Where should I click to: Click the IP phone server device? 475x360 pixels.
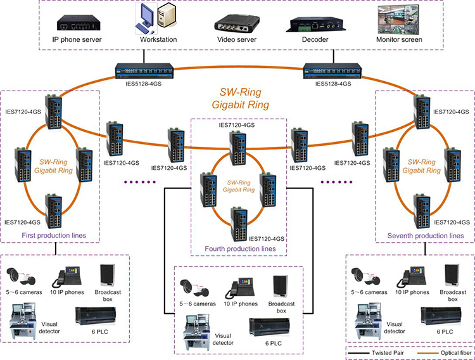coord(79,23)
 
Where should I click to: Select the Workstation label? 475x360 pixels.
coord(158,39)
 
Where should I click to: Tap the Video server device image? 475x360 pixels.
coord(236,23)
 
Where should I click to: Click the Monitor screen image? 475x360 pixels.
coord(398,19)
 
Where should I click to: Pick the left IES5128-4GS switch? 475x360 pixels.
coord(144,71)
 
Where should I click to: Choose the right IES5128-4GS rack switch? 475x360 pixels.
coord(332,71)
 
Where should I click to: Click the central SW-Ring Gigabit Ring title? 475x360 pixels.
coord(240,98)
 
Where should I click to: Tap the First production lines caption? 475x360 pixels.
coord(54,235)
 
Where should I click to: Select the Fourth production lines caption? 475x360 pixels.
coord(240,248)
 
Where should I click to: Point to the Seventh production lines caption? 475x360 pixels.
coord(426,236)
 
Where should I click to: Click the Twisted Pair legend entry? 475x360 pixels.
coord(376,353)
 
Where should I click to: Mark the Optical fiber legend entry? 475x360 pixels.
coord(445,353)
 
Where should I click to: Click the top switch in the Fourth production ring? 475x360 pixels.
coord(237,148)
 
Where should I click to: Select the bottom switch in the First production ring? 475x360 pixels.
coord(53,211)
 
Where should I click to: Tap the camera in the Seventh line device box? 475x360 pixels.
coord(365,276)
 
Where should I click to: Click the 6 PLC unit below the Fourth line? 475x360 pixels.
coord(269,327)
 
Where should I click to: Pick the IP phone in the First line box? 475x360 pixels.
coord(66,276)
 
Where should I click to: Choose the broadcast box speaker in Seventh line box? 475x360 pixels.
coord(452,275)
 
